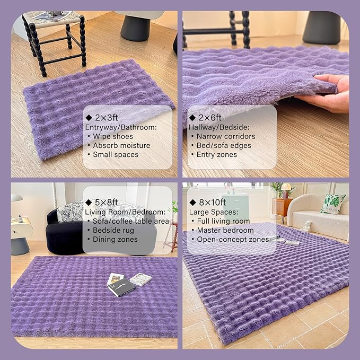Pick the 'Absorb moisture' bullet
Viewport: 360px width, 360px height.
pos(121,145)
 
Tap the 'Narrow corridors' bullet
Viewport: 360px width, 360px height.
pos(226,136)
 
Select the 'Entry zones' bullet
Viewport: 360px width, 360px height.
pos(217,154)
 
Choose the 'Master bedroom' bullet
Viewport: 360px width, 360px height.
pos(225,230)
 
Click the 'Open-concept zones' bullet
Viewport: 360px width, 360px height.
pos(233,240)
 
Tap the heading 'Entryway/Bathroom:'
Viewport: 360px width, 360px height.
pos(121,127)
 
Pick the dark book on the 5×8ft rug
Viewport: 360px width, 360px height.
pos(121,287)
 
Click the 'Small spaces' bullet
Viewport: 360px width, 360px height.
pos(116,154)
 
